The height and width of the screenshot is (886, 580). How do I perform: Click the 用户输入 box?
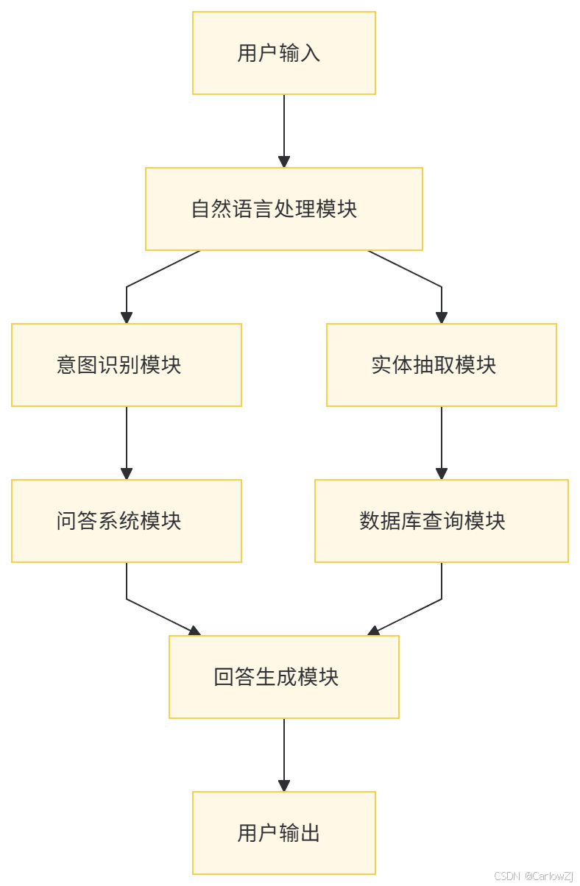pos(284,53)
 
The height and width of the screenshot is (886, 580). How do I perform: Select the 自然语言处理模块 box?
pos(284,209)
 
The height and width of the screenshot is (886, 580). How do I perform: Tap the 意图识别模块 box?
pos(127,365)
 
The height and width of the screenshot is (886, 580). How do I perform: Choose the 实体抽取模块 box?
pos(442,365)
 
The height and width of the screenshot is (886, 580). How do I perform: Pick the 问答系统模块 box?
pos(127,521)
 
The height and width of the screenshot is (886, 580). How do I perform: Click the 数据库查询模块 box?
pos(442,521)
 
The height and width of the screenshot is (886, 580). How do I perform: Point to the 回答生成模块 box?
pos(284,677)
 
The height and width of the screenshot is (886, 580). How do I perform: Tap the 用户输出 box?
pos(284,833)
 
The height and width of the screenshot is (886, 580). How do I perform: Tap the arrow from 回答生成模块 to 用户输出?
pos(284,755)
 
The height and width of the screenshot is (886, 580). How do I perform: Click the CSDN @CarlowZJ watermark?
pos(533,876)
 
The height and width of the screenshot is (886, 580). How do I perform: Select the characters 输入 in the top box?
pos(300,53)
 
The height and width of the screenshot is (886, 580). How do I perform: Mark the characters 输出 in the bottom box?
pos(300,833)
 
